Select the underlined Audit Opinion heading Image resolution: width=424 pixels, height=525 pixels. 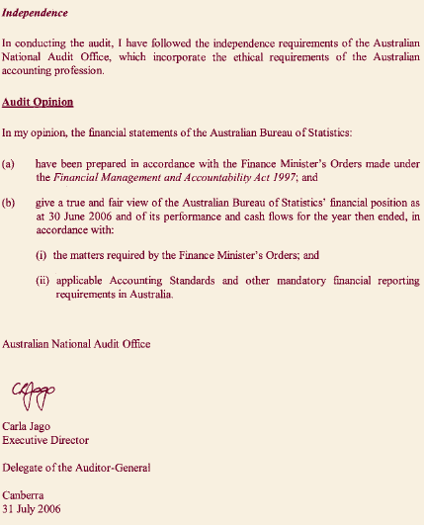[x=38, y=102]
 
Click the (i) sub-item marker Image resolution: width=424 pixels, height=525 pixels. [x=42, y=254]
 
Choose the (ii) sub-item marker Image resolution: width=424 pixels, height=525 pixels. [x=42, y=281]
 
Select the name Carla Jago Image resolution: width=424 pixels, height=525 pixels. [x=28, y=426]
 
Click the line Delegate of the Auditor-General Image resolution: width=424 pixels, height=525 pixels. [x=76, y=467]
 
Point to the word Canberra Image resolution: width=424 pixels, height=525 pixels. [x=25, y=494]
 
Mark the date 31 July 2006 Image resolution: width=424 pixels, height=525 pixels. [x=32, y=508]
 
